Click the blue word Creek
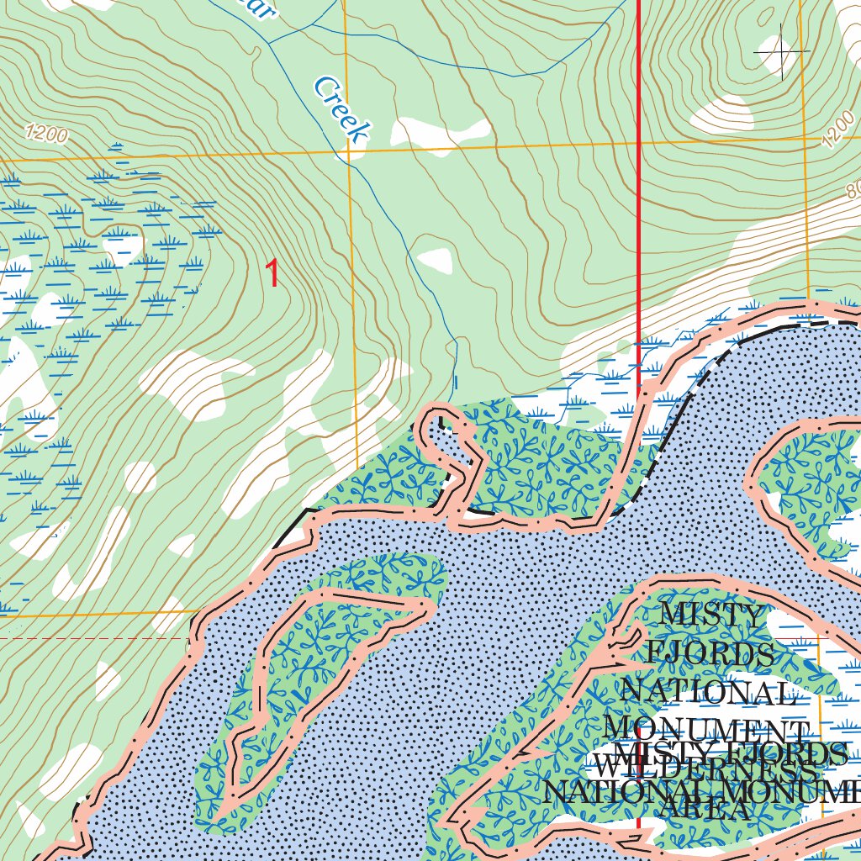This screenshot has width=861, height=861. click(341, 109)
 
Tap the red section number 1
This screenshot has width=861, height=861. click(272, 274)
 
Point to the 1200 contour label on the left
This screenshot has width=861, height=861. click(46, 133)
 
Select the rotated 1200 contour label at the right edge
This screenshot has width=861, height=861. click(837, 129)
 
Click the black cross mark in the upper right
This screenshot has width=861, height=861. click(782, 51)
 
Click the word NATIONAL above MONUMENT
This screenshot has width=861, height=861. click(706, 692)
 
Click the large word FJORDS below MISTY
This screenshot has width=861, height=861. click(710, 653)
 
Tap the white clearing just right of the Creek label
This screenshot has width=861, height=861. click(441, 131)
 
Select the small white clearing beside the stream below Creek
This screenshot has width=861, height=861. click(435, 261)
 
